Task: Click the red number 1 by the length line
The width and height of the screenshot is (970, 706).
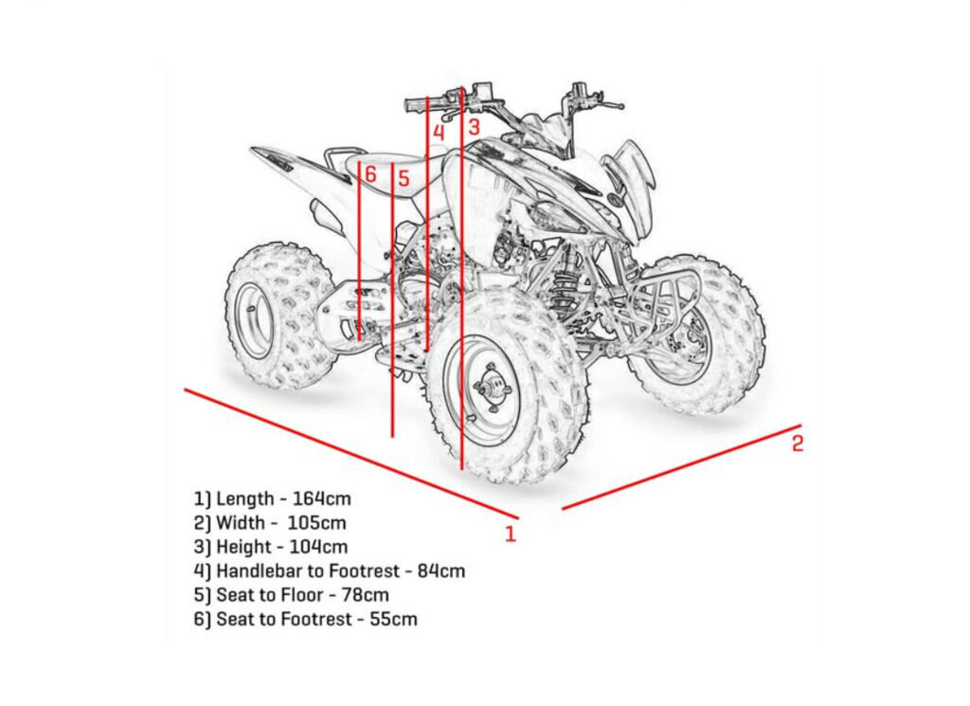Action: (511, 534)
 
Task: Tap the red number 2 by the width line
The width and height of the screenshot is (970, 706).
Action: (798, 443)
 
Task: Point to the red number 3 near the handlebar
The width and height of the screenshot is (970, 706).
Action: (474, 125)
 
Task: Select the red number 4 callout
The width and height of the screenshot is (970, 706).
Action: (439, 133)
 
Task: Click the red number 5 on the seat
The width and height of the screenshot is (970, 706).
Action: (403, 177)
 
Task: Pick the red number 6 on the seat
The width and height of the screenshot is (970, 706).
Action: (370, 174)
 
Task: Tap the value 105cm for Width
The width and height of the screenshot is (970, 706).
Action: (319, 522)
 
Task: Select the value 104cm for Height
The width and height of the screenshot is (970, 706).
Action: (320, 547)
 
